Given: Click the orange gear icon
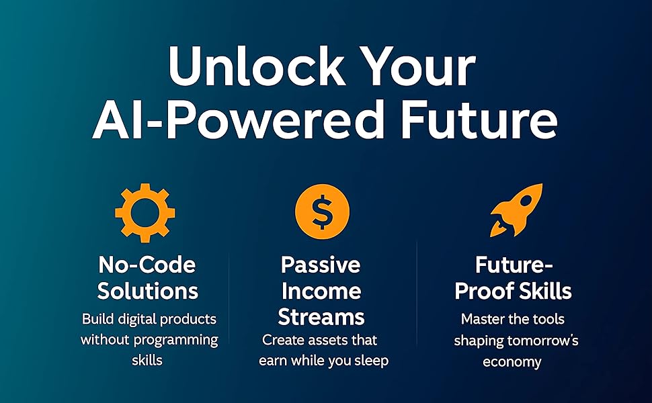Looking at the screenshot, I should pyautogui.click(x=145, y=211).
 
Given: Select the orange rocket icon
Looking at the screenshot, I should pyautogui.click(x=515, y=210).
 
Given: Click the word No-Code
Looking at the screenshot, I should pyautogui.click(x=148, y=265).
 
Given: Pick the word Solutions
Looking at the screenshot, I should pyautogui.click(x=148, y=291).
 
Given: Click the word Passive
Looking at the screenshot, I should pyautogui.click(x=321, y=265).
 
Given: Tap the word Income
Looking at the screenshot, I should pyautogui.click(x=321, y=291).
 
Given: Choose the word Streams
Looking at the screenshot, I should pyautogui.click(x=321, y=316).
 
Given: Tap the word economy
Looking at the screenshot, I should pyautogui.click(x=512, y=361).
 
